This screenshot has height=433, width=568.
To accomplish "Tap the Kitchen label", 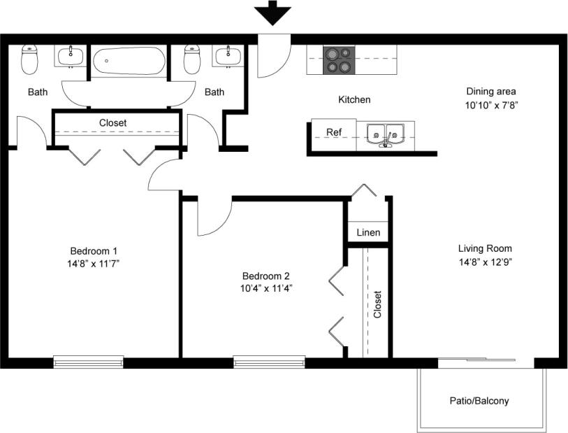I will (x=354, y=100).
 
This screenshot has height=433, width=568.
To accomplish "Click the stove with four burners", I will (x=338, y=60).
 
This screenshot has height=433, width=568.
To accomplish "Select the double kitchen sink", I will (x=385, y=135).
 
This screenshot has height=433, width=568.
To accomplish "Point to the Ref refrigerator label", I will (x=334, y=132).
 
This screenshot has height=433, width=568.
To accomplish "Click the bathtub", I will (x=129, y=61).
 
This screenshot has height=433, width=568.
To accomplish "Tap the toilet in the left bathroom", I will (x=29, y=60).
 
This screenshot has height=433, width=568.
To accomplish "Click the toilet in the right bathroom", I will (x=192, y=60).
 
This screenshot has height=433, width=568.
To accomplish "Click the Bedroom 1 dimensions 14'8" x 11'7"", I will (x=94, y=263).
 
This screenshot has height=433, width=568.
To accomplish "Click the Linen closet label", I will (x=368, y=232).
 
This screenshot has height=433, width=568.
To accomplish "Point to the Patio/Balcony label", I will (x=479, y=402).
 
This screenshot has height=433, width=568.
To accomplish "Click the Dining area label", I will (x=491, y=92).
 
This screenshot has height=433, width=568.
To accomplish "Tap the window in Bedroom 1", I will (x=88, y=362).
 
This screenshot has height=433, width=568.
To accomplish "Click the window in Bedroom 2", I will (x=269, y=362).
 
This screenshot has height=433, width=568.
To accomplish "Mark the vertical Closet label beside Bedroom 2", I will (x=377, y=304).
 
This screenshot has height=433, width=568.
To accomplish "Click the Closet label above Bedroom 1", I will (x=112, y=122).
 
